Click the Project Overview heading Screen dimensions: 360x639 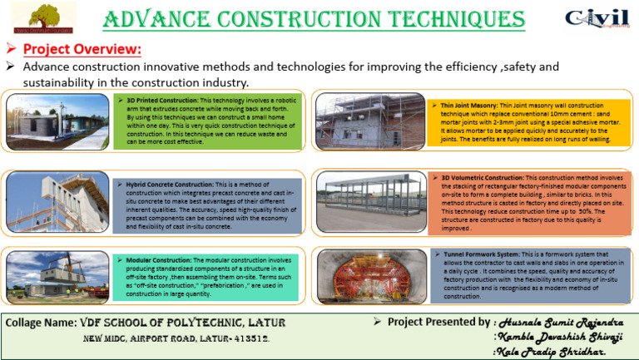(x=82, y=49)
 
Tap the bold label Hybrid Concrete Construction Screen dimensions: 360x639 (x=167, y=181)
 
